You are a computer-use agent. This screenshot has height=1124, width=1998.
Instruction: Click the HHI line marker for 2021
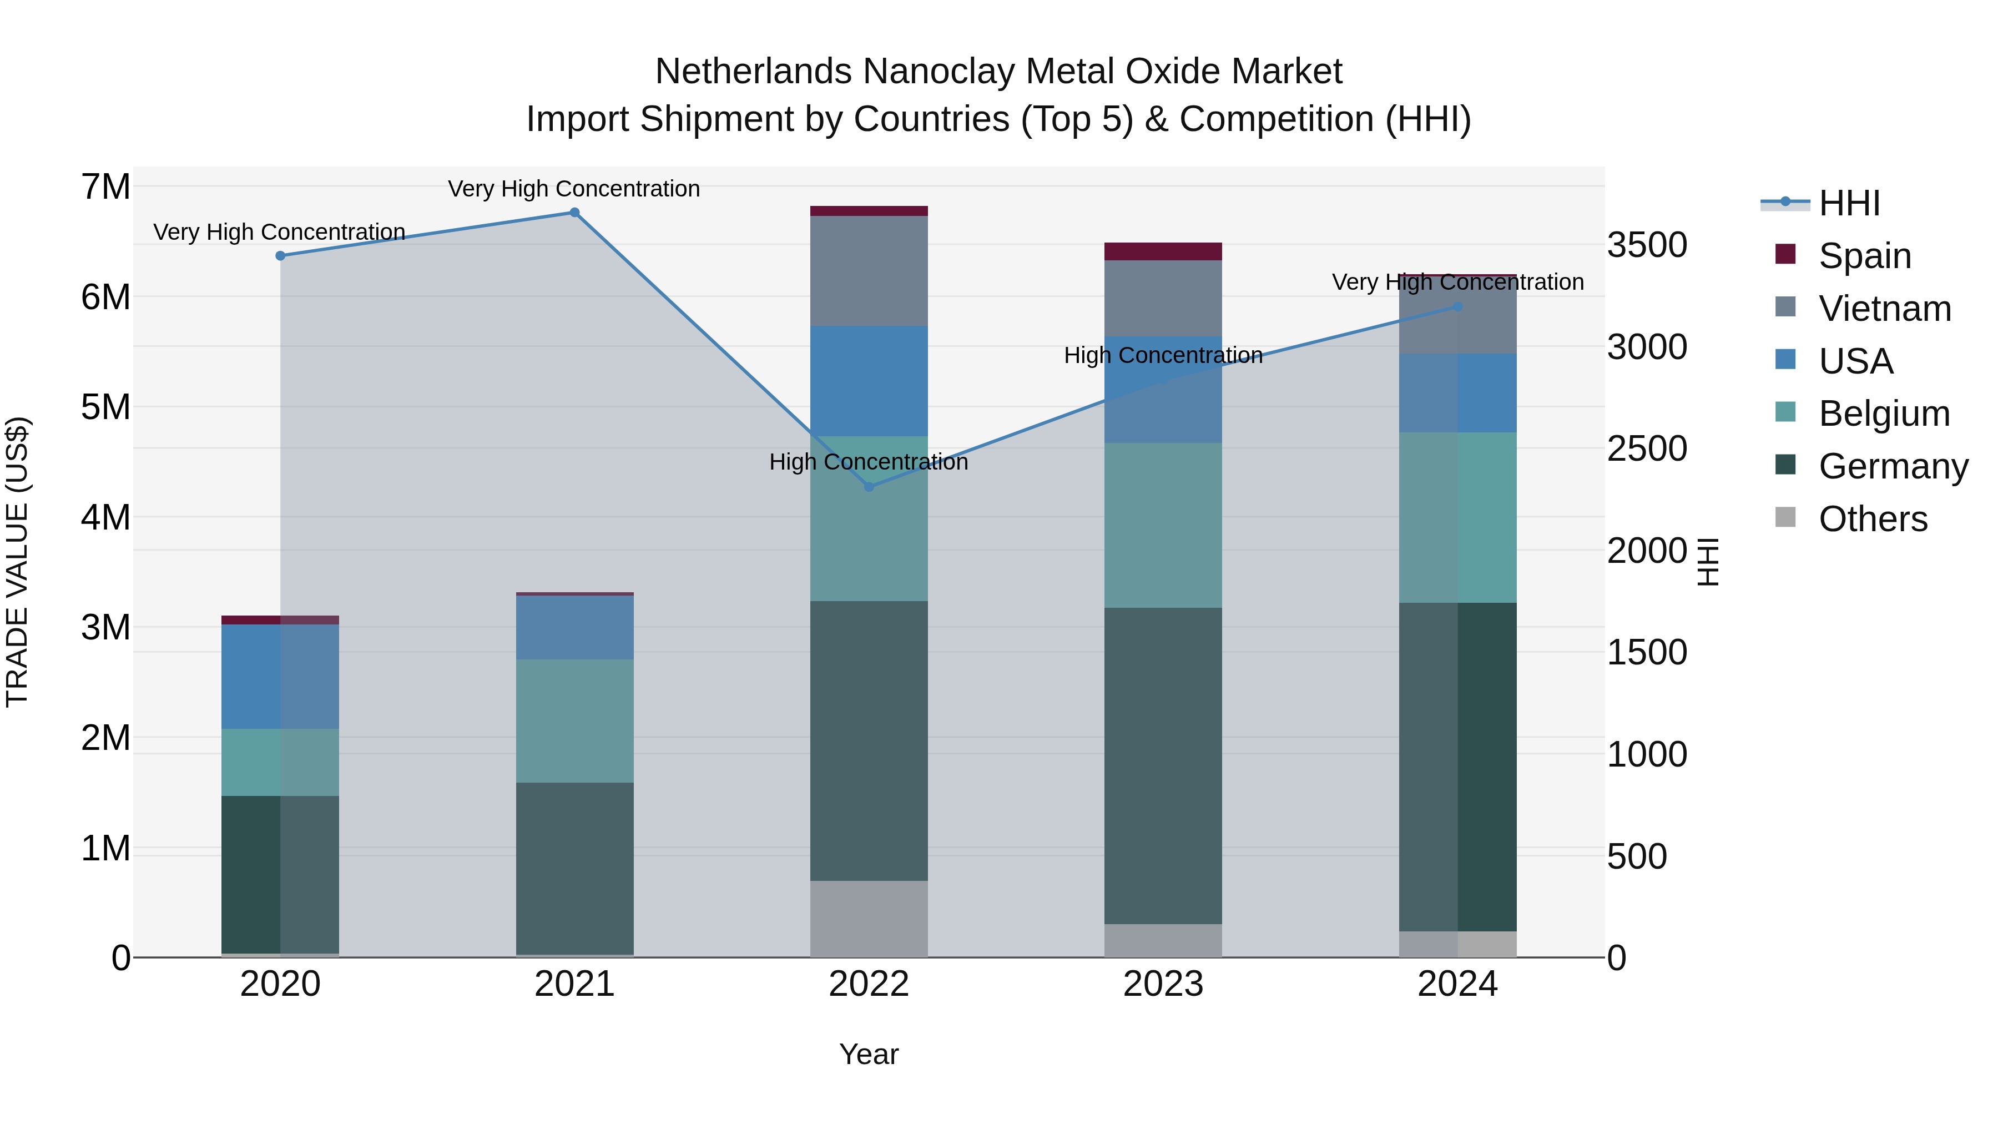coord(575,213)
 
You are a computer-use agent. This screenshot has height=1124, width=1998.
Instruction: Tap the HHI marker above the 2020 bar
coord(280,256)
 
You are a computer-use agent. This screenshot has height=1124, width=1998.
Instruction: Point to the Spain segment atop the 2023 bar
coord(1163,251)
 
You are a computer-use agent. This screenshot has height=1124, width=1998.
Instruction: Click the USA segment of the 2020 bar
coord(280,677)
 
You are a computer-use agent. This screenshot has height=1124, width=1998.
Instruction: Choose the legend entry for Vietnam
coord(1884,309)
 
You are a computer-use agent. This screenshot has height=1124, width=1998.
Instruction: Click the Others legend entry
coord(1873,519)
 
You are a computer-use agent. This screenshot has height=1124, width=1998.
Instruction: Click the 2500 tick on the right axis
coord(1646,448)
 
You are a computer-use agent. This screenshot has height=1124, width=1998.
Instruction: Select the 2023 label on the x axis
coord(1163,984)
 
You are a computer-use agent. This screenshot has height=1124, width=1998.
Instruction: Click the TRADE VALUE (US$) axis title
coord(17,562)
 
